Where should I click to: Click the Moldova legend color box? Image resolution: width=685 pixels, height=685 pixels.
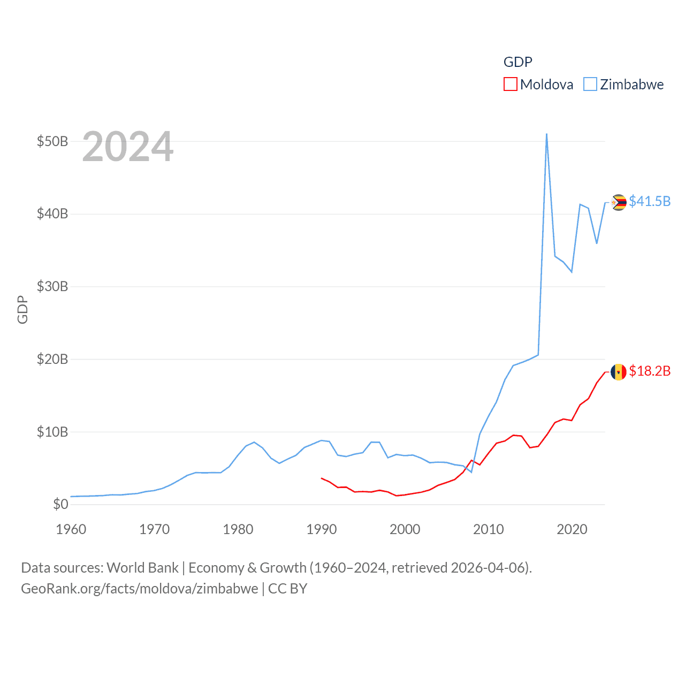(x=511, y=85)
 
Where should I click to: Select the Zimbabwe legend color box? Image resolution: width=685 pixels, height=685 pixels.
(x=590, y=85)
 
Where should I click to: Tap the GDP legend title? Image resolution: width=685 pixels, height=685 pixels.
(x=517, y=62)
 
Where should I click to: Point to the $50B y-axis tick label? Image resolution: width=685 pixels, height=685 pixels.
(x=52, y=141)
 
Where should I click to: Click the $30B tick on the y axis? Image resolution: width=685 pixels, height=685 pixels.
(x=52, y=286)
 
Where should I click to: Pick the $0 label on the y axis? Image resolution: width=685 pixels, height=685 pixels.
(x=60, y=504)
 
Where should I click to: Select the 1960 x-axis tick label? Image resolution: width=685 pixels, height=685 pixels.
(x=71, y=529)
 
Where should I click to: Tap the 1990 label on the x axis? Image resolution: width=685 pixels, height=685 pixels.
(x=321, y=529)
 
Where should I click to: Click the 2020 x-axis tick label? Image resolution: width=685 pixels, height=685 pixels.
(x=572, y=529)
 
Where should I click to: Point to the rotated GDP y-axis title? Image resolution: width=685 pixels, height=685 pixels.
(x=22, y=309)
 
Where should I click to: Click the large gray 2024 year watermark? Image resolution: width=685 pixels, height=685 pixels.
(x=128, y=147)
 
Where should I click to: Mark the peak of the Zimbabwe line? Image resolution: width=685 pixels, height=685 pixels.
(x=546, y=134)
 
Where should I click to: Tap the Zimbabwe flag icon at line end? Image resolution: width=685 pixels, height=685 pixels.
(x=619, y=202)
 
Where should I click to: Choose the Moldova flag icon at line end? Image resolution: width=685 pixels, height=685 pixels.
(x=619, y=372)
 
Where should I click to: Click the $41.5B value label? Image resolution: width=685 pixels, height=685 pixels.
(x=650, y=201)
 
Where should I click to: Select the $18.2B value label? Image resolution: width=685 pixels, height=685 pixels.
(x=650, y=371)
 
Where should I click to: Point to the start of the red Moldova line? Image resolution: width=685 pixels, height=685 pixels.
(x=321, y=478)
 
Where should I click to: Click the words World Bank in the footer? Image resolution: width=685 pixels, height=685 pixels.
(x=142, y=567)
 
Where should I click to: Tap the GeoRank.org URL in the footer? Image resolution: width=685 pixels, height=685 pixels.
(x=139, y=589)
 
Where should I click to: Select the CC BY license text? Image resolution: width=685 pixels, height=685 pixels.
(x=287, y=589)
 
